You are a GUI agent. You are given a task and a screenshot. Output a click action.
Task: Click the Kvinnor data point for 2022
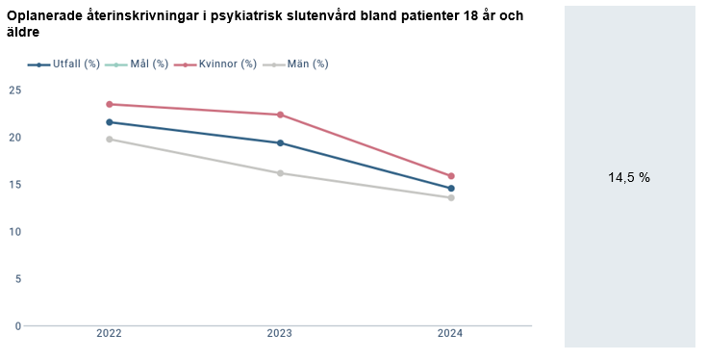(110, 104)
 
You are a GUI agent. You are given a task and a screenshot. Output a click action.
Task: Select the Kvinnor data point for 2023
(280, 115)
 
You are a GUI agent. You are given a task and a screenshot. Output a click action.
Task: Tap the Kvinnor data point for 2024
(451, 176)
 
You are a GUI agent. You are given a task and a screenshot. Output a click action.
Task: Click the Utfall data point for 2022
(110, 122)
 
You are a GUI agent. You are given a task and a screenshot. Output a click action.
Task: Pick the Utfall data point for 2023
(280, 142)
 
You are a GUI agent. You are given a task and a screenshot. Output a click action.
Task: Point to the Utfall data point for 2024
(451, 189)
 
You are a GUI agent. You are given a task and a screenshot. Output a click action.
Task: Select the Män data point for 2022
(110, 140)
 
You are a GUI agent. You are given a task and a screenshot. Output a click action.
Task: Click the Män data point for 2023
(280, 173)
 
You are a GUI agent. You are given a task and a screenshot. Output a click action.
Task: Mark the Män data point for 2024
(451, 197)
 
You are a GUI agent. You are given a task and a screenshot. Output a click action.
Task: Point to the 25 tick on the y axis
(14, 90)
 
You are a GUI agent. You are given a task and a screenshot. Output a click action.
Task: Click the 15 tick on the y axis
(14, 184)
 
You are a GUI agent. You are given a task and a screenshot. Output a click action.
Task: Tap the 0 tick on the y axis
(17, 325)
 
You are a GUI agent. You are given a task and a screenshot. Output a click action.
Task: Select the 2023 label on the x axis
(280, 334)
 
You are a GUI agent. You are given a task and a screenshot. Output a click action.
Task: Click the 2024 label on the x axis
(451, 334)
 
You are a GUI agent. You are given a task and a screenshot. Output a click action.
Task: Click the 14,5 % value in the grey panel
(629, 177)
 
